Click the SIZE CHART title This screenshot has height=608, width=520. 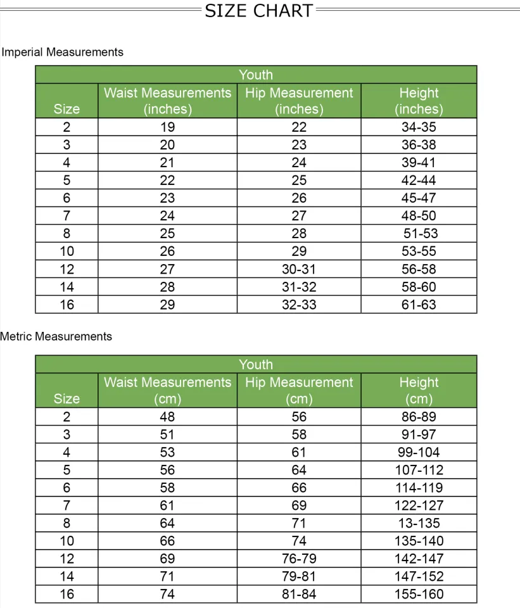[x=259, y=11]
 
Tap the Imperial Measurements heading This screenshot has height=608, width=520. [x=62, y=52]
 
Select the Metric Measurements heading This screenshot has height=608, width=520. [x=56, y=336]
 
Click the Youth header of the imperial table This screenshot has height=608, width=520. [x=256, y=75]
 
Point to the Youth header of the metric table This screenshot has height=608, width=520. [x=256, y=364]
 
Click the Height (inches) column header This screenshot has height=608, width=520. [x=419, y=101]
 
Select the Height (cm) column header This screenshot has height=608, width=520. [x=419, y=390]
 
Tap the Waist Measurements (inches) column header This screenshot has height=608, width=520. [x=167, y=101]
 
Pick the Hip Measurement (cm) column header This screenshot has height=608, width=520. [x=299, y=390]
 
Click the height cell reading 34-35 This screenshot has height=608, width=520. [x=419, y=127]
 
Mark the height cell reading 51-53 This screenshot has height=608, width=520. [x=421, y=234]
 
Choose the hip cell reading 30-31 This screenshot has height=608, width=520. [x=299, y=269]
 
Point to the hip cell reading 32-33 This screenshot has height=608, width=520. [x=299, y=305]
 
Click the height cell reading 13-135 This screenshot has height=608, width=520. [x=419, y=523]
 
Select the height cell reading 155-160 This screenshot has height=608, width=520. [x=419, y=594]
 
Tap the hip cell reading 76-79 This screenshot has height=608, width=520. [x=299, y=559]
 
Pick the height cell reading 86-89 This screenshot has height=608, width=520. [x=419, y=417]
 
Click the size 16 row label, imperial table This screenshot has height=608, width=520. [x=67, y=305]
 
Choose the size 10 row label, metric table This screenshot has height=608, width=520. [x=67, y=541]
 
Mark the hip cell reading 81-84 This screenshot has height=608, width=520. [x=299, y=594]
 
